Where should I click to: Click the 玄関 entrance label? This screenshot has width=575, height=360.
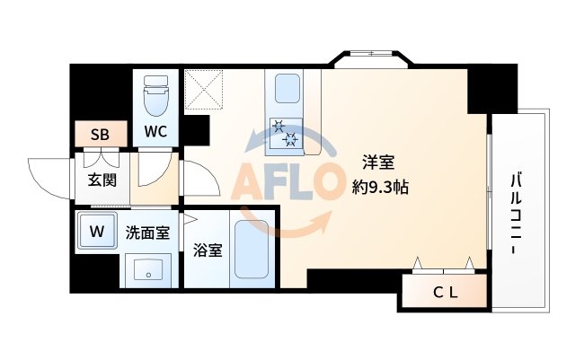click(102, 180)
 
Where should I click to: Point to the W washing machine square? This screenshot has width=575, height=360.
click(96, 230)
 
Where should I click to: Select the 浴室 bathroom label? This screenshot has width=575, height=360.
click(208, 250)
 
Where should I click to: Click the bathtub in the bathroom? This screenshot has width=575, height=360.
click(254, 249)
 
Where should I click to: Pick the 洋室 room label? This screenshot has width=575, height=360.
click(378, 164)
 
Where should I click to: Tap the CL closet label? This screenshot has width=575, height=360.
click(446, 291)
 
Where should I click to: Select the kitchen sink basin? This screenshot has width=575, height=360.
click(287, 90)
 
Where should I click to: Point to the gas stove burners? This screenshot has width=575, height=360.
click(285, 133)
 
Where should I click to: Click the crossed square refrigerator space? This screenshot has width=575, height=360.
click(205, 90)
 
